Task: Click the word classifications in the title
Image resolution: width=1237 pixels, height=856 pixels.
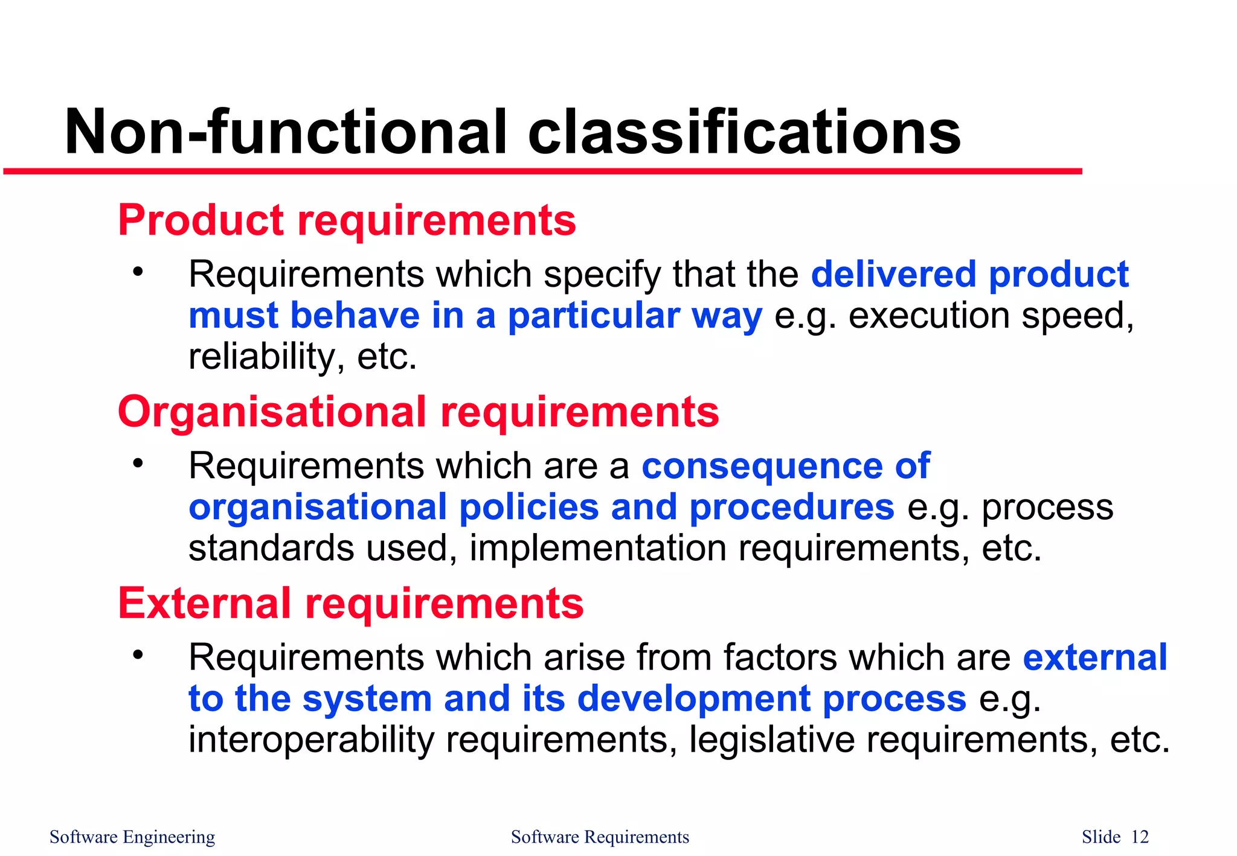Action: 744,132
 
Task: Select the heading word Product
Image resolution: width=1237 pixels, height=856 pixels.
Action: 201,220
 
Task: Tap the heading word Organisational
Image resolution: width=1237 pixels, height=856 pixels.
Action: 272,412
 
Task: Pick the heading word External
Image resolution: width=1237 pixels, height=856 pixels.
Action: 204,604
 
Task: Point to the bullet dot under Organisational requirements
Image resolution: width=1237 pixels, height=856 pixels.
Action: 138,463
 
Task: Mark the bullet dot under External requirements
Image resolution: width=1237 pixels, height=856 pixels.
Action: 138,654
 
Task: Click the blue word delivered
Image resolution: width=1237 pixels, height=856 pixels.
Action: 893,275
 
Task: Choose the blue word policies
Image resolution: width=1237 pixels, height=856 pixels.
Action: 529,507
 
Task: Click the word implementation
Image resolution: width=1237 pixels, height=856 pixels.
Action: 598,548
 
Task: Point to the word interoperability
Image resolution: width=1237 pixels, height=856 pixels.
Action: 310,740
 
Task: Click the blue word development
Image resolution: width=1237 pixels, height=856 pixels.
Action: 693,699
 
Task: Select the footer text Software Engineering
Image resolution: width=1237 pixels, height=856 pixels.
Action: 132,837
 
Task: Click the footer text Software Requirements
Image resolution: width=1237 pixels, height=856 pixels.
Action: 600,837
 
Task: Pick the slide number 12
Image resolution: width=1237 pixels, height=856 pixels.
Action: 1140,837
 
